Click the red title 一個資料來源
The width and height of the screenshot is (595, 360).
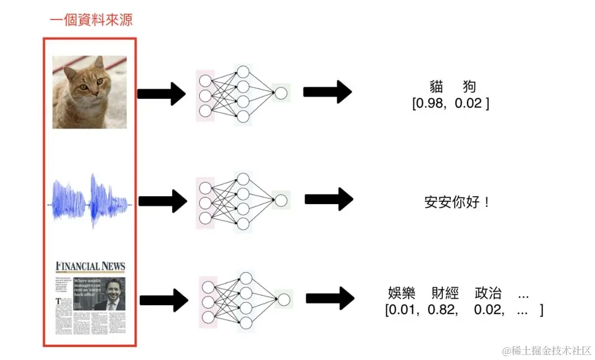(x=91, y=21)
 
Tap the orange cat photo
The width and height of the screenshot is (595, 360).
(x=89, y=92)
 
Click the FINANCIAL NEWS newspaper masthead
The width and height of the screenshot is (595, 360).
(x=90, y=266)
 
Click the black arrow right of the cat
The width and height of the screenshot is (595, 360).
(x=161, y=93)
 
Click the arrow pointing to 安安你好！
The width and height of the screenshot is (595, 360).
(x=329, y=200)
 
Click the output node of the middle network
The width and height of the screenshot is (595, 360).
(x=281, y=200)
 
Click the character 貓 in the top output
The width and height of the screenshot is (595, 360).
(x=436, y=87)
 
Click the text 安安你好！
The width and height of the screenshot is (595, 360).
(x=457, y=202)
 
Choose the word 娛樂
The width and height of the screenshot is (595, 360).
(x=402, y=293)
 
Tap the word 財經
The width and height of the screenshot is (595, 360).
(x=445, y=293)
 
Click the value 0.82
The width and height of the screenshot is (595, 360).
(x=442, y=310)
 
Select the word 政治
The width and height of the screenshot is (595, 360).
(x=488, y=293)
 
